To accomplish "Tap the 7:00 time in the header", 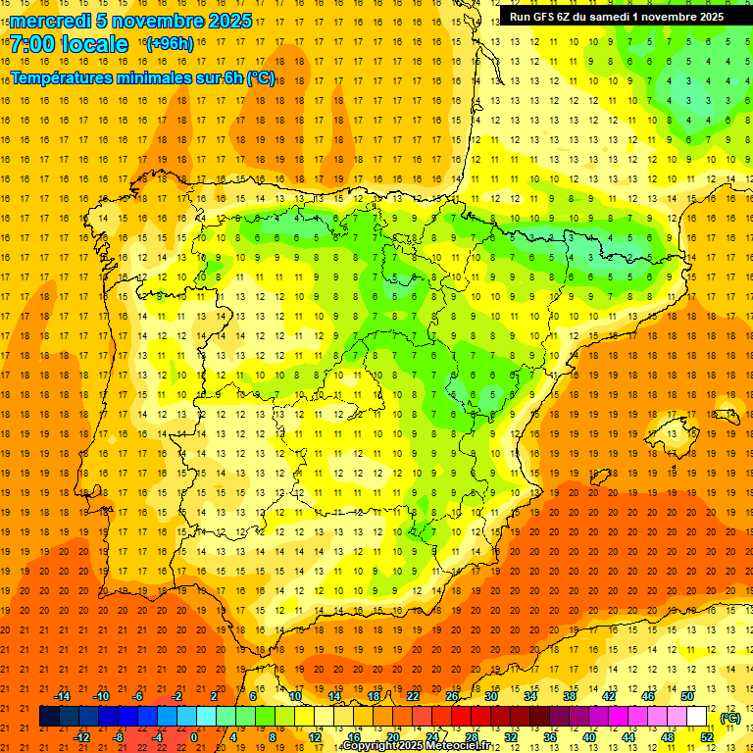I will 36,44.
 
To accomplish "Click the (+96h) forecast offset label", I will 169,44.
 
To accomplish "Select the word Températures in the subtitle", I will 65,78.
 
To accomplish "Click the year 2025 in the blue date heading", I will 228,21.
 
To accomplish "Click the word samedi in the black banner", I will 620,17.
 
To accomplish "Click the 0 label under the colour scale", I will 193,737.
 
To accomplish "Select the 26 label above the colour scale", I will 452,696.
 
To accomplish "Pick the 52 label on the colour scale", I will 707,737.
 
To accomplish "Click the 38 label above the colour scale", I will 569,696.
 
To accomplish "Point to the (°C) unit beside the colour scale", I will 730,718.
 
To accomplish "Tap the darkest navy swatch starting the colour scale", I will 49,717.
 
